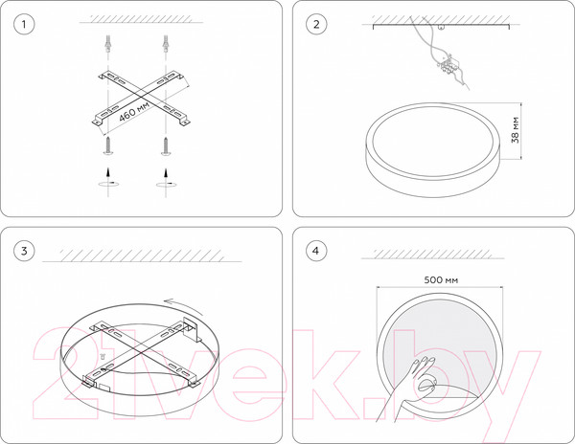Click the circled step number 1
tap(24, 25)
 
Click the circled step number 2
tap(316, 25)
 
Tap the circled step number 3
tap(24, 251)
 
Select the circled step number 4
tap(316, 251)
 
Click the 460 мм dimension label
tap(134, 112)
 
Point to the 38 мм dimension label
tap(516, 130)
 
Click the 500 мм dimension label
tap(441, 280)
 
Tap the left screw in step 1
tap(107, 145)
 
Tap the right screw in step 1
tap(166, 145)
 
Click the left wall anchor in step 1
tap(107, 44)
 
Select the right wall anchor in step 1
tap(166, 44)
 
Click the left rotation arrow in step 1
tap(108, 184)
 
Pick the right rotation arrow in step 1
tap(166, 184)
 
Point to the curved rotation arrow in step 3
tap(183, 304)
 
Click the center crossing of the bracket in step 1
tap(140, 97)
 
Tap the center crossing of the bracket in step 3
tap(140, 352)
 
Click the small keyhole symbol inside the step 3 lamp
tap(103, 356)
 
